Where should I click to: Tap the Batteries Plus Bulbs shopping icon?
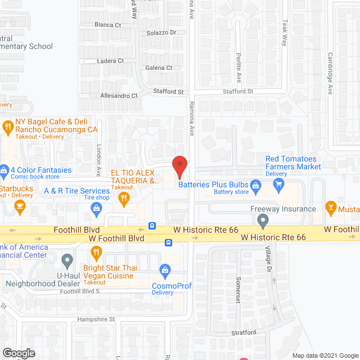(255, 184)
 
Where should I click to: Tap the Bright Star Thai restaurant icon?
(96, 253)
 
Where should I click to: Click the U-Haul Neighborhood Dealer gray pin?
(67, 260)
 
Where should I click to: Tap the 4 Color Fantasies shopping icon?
(4, 169)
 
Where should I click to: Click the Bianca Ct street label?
(108, 25)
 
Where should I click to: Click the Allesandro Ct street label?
(119, 96)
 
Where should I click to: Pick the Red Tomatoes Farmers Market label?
(291, 163)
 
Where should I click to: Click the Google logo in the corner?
(18, 353)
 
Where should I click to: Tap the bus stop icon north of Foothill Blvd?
(152, 226)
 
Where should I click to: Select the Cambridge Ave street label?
(330, 69)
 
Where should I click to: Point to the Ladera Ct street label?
(110, 61)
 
